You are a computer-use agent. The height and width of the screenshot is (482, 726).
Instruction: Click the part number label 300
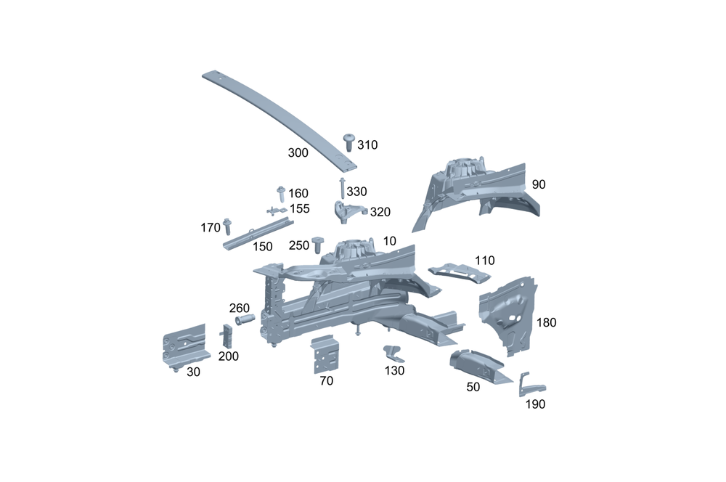[298, 153]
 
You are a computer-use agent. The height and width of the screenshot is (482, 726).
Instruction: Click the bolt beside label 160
[281, 193]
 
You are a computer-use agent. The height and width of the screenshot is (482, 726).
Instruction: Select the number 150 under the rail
[263, 247]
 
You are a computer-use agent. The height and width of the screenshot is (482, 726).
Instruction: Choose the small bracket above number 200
[227, 335]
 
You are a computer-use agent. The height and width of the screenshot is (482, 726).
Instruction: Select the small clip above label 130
[393, 354]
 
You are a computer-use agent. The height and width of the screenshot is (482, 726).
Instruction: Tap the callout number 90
[538, 184]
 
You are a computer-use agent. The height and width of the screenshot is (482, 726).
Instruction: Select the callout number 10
[390, 241]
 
